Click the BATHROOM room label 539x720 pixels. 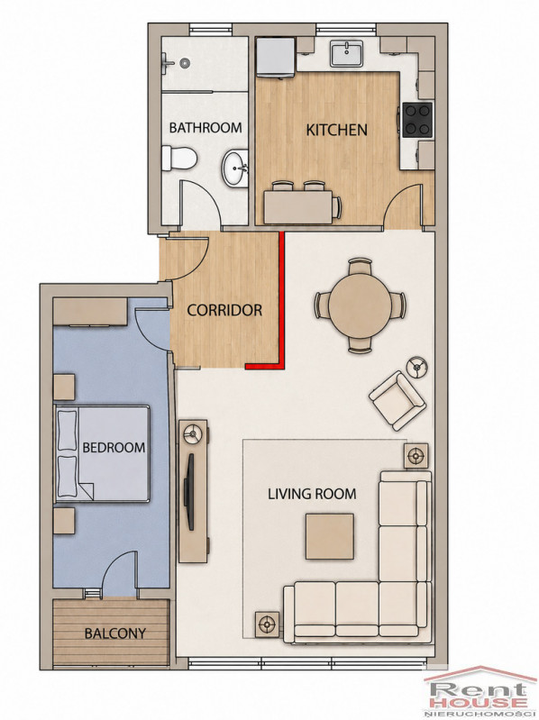coord(206,127)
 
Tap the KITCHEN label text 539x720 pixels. coord(336,130)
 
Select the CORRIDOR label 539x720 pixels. coord(224,310)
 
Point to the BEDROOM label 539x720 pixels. coord(114,447)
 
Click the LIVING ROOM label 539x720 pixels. coord(312,494)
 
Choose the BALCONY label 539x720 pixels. coord(114,633)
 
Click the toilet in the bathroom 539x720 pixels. coord(179,159)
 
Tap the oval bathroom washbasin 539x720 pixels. coord(235,169)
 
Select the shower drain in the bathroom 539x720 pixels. coord(185,61)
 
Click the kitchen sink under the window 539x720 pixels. coord(347,53)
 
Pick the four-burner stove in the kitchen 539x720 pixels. coord(417,120)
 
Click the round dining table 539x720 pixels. coord(360,304)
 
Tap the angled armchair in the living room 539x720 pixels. coord(397,400)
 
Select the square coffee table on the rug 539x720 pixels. coord(330,536)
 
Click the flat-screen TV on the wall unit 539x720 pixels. coord(188,492)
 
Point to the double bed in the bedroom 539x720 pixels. coord(102,453)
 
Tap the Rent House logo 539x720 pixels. coord(480,694)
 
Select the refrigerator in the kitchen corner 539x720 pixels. coord(276,57)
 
